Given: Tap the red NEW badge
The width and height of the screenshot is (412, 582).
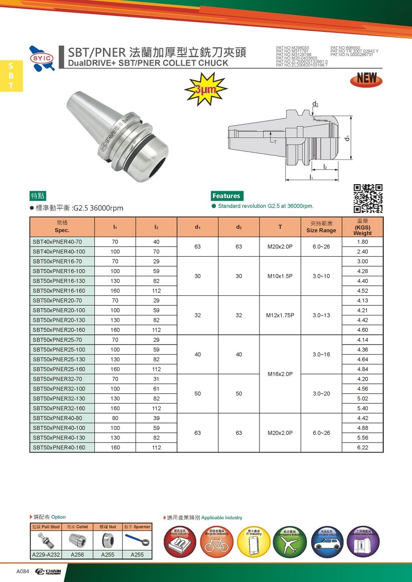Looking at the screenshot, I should tap(366, 79).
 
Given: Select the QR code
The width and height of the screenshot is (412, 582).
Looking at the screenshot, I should tap(368, 198).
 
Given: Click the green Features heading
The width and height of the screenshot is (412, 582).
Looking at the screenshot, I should tap(226, 196).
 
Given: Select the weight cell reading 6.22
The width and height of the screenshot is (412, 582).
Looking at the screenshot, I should tap(363, 447).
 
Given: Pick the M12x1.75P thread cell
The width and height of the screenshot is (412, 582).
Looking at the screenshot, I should tap(280, 315).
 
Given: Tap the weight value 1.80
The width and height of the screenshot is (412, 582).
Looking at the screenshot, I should tap(363, 242).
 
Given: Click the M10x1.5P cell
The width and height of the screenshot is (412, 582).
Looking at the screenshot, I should tap(280, 276).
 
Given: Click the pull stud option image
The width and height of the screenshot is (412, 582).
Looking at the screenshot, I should tap(44, 541).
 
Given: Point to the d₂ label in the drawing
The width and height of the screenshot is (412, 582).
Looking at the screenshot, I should tap(315, 104).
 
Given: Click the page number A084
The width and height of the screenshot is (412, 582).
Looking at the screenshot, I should tap(22, 572).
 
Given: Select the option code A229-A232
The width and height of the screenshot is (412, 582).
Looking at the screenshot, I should tap(44, 555).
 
